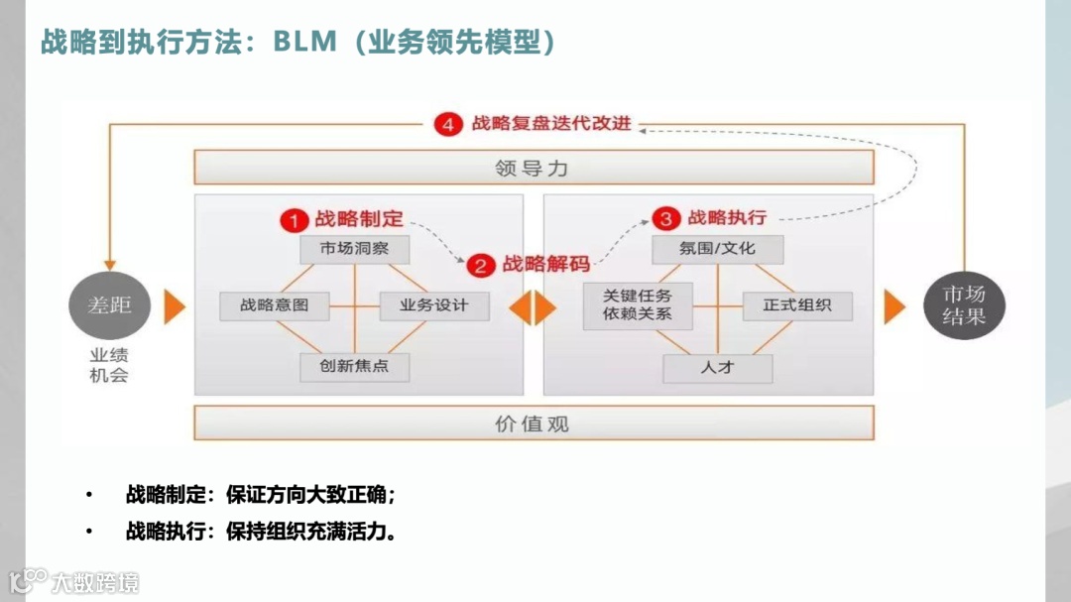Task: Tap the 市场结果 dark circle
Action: [963, 305]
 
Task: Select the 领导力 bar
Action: [534, 168]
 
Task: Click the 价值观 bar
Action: [534, 423]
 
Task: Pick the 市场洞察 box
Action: [355, 248]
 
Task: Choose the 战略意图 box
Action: [274, 305]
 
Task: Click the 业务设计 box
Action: [434, 305]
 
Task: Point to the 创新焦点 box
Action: [355, 366]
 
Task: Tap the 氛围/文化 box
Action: [717, 248]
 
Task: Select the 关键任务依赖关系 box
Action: [638, 304]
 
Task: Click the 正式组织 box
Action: [797, 305]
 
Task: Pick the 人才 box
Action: [717, 368]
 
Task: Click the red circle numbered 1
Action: [293, 219]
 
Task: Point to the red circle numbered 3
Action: [665, 218]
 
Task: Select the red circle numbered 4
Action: [448, 124]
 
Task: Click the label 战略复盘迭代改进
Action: [551, 124]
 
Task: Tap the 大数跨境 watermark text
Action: [96, 582]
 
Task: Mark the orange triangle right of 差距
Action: [175, 306]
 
